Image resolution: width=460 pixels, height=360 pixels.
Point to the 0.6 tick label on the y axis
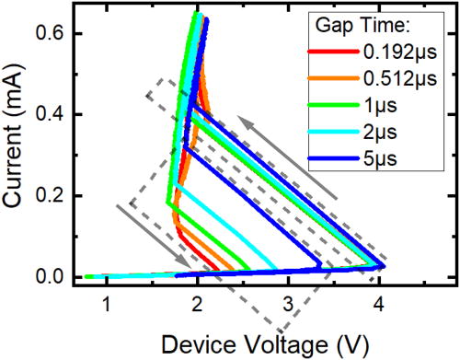point(48,33)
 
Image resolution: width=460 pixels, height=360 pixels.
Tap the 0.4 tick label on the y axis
point(48,114)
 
